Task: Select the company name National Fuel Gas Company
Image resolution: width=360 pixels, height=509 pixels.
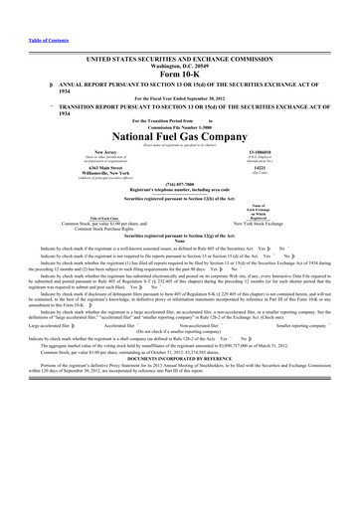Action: pos(179,133)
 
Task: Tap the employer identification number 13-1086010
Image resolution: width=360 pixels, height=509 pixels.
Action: pos(269,152)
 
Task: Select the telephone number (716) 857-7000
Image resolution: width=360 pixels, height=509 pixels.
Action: pos(179,184)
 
